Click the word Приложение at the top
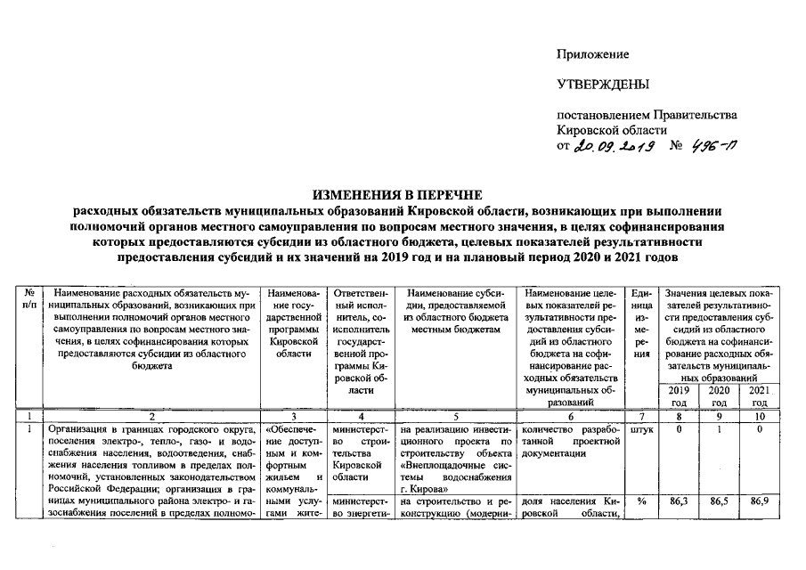coord(592,56)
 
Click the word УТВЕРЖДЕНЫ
coord(602,85)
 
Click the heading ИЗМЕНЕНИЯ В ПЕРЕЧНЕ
coord(402,195)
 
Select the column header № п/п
coord(31,299)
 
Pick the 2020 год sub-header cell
coord(718,396)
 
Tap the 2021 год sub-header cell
coord(758,396)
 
